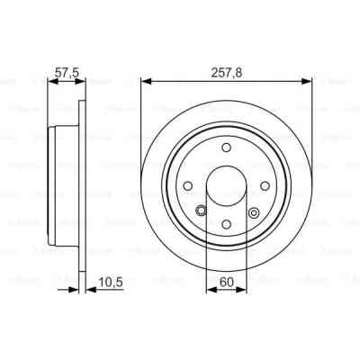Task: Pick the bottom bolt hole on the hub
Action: click(227, 224)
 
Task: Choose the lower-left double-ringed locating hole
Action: click(201, 213)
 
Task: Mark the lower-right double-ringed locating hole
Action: click(254, 213)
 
